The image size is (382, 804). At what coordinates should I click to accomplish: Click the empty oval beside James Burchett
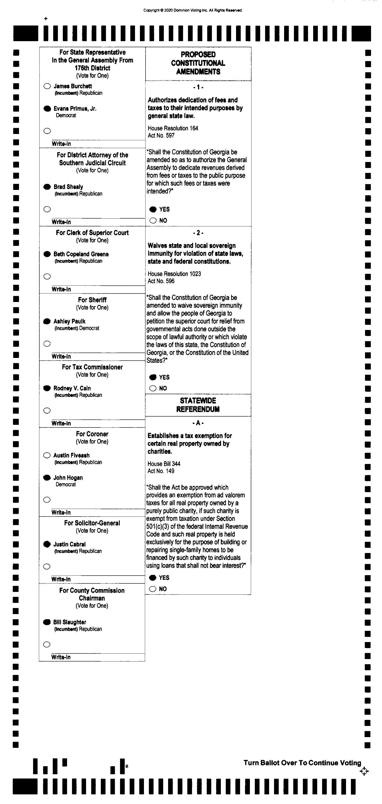coord(47,86)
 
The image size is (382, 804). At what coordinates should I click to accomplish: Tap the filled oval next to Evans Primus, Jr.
coord(47,109)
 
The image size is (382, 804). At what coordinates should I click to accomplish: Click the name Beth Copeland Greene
coord(81,254)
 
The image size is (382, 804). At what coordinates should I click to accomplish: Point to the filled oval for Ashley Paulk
coord(47,321)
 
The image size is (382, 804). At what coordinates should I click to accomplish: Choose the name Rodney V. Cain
coord(72,388)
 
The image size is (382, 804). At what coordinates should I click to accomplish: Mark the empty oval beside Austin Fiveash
coord(47,455)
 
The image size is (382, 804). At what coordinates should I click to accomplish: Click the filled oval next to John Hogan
coord(47,478)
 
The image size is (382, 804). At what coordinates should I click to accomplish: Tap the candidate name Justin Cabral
coord(70,544)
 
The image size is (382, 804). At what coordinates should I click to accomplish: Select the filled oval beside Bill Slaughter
coord(47,622)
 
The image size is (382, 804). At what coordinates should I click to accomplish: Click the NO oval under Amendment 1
coord(153,220)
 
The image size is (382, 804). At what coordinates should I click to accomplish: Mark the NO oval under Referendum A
coord(152,589)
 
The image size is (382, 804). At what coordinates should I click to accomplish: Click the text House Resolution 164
coord(173,128)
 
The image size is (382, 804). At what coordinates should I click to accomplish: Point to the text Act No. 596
coord(161,281)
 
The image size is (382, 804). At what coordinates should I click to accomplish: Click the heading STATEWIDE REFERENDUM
coord(198,405)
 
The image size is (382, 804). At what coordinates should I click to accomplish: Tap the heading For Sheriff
coord(92,300)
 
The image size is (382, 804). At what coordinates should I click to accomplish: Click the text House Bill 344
coord(164,464)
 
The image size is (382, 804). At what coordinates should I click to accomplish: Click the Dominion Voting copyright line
coord(192,10)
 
